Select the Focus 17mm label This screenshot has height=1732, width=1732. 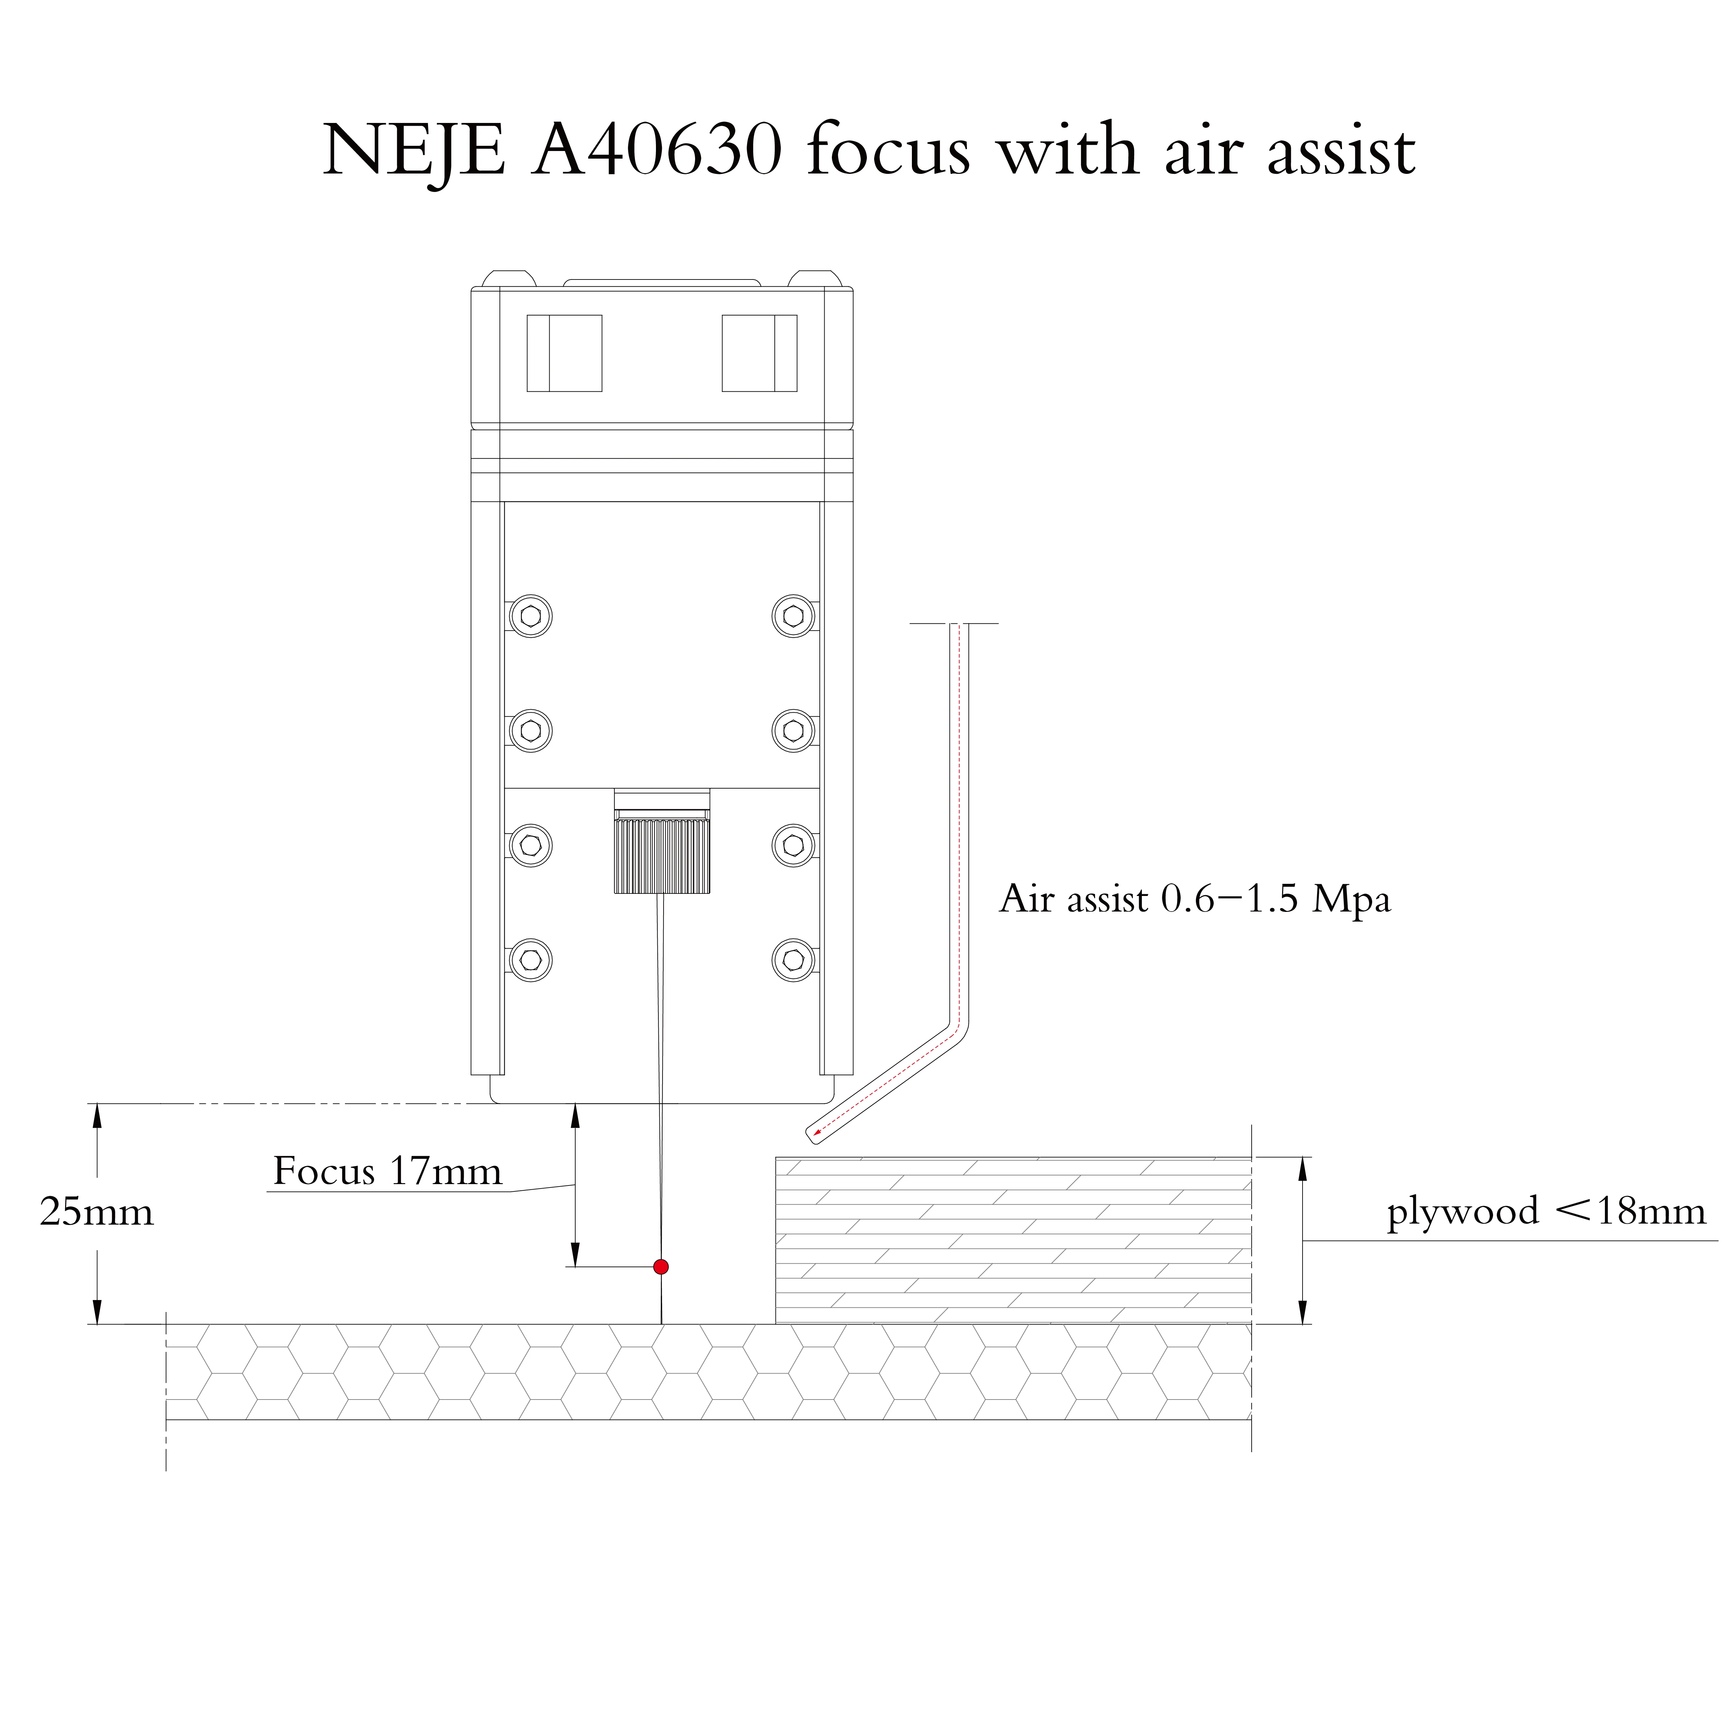click(387, 1172)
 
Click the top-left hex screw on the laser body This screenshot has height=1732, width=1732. click(531, 616)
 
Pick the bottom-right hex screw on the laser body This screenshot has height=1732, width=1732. click(793, 960)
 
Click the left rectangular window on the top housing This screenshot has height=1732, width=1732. click(564, 353)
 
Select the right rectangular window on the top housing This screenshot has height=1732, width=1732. click(759, 353)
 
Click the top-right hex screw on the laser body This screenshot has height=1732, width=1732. click(793, 616)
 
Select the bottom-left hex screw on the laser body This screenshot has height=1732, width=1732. click(531, 960)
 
